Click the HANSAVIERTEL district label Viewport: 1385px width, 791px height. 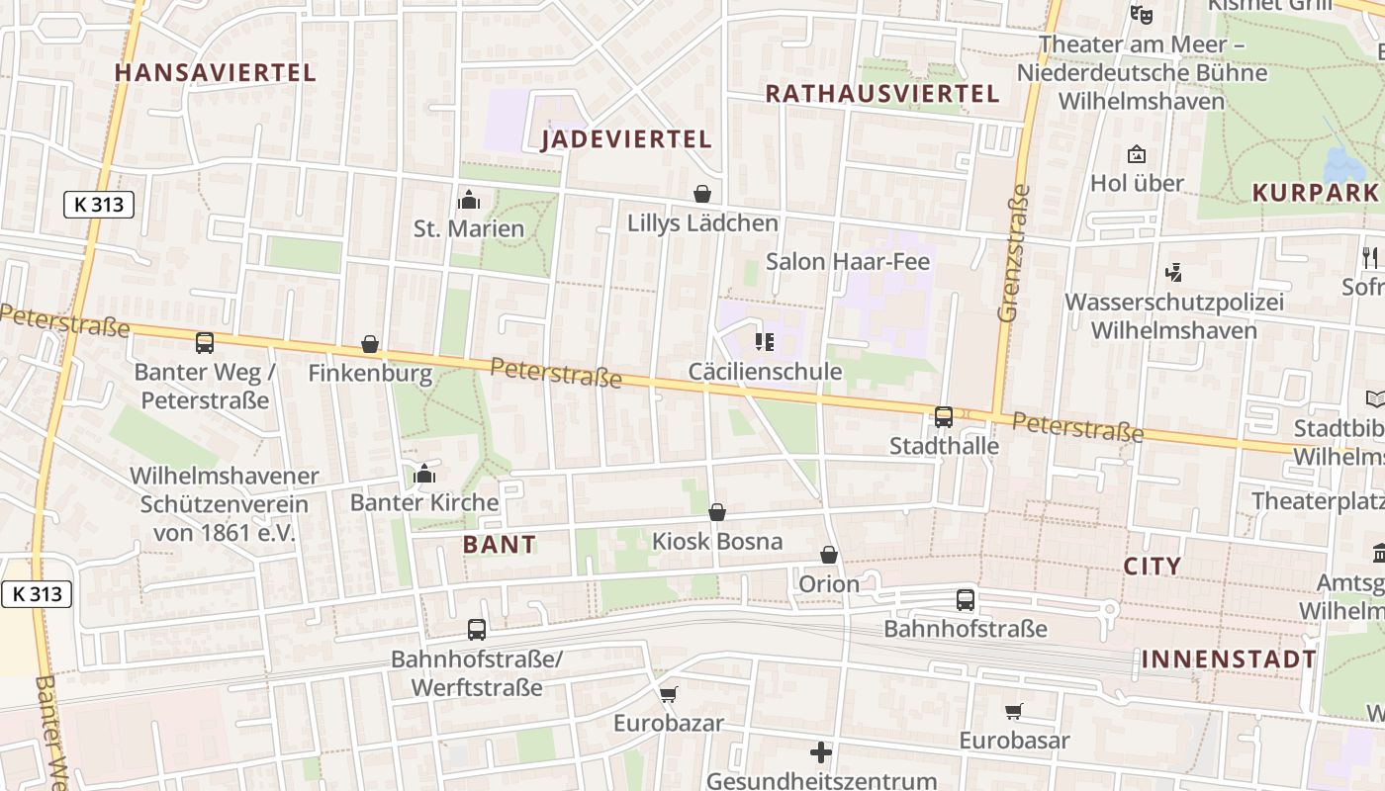(216, 72)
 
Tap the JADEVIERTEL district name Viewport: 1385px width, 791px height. (626, 139)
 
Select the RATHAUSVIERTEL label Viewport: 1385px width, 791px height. (882, 94)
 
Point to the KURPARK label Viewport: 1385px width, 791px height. (1315, 193)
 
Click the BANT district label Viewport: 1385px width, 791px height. (500, 544)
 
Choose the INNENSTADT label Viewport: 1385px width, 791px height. (1229, 659)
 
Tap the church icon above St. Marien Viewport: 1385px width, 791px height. (469, 201)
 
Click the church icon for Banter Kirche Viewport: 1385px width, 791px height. (424, 475)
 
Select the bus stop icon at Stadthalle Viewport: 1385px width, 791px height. (944, 417)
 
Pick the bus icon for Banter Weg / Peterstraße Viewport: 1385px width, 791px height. (204, 343)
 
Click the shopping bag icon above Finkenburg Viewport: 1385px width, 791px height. (370, 344)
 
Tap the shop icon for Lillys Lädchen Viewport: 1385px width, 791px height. (702, 194)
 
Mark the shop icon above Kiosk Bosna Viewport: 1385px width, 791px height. (717, 512)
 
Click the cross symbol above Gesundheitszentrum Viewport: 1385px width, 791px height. (821, 752)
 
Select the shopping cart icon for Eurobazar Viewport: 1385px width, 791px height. (669, 694)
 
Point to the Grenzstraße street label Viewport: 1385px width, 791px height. (1013, 253)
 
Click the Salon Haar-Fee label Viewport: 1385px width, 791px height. (848, 262)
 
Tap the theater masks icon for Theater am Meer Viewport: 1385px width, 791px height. (1142, 15)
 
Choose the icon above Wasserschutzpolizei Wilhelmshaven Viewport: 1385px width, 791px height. (1174, 272)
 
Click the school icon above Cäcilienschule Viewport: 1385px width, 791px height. (764, 342)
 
